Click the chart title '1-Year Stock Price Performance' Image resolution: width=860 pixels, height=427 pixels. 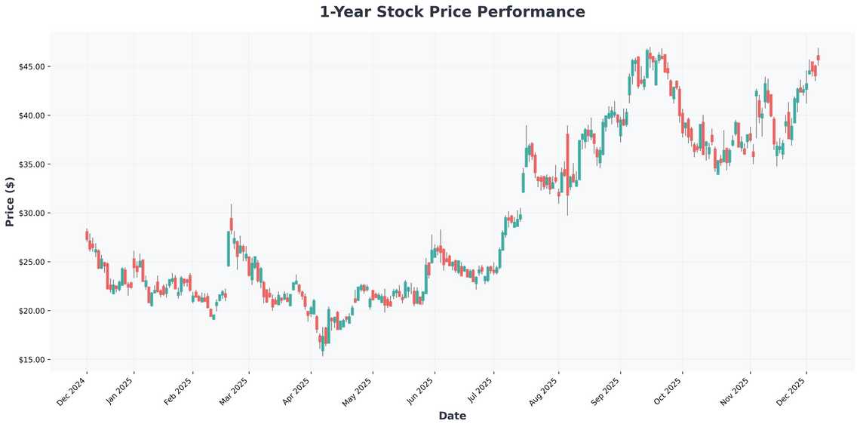(x=452, y=12)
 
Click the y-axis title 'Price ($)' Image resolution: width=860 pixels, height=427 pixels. (x=10, y=201)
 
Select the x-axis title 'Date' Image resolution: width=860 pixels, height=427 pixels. (x=452, y=416)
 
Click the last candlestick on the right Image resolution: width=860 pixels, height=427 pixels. (x=818, y=57)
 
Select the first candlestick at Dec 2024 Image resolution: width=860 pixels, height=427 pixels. (x=87, y=235)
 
